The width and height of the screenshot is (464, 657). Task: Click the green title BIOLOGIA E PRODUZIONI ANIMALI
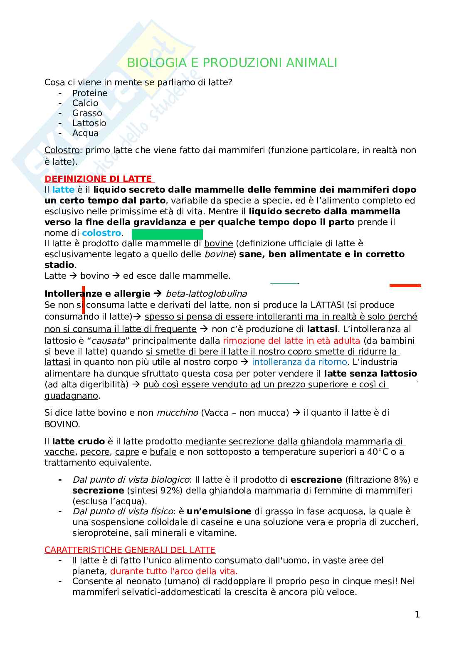pos(232,63)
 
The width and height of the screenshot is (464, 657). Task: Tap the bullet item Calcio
pos(85,103)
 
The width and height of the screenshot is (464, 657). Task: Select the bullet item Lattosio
pos(89,123)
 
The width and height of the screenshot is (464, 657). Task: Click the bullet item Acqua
pos(85,133)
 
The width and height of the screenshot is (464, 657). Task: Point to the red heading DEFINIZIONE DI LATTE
pos(99,179)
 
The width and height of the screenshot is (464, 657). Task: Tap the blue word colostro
pos(101,233)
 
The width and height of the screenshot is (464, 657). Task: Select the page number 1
pos(417,615)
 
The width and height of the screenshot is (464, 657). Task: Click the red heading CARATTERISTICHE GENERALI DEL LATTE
pos(130,550)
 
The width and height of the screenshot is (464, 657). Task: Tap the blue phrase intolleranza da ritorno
pos(299,362)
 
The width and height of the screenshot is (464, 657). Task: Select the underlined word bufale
pos(163,452)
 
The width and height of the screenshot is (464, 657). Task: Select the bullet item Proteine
pos(90,93)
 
